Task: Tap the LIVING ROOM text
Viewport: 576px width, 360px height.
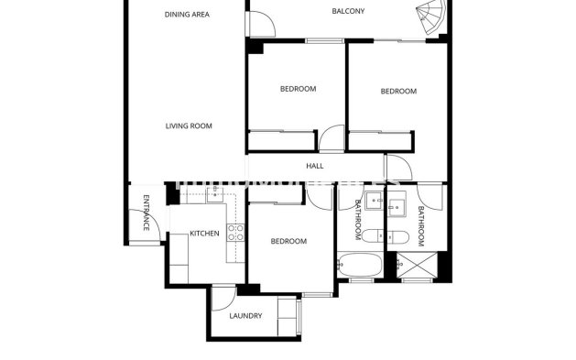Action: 189,125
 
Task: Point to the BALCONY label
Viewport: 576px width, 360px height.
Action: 348,11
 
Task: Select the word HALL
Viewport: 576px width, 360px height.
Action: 315,166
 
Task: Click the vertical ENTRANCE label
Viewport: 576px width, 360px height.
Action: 146,213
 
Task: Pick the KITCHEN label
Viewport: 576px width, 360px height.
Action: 203,234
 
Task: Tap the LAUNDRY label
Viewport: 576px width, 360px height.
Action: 245,316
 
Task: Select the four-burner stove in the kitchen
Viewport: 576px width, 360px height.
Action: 235,232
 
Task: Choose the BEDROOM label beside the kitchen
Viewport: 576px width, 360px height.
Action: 288,241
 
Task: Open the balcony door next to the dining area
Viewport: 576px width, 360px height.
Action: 259,22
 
